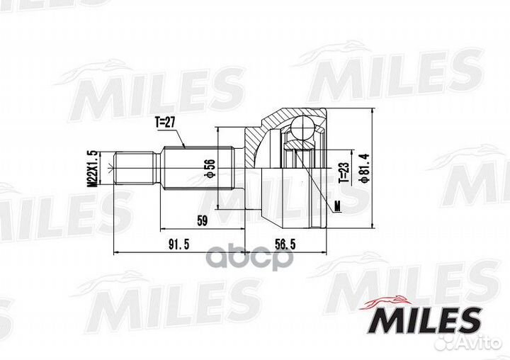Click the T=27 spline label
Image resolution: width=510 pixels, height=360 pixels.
point(164,122)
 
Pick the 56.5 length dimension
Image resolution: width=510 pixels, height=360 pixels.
point(285,244)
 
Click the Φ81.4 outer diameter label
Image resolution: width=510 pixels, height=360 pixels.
point(364,168)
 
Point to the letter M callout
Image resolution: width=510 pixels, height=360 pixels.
point(336,207)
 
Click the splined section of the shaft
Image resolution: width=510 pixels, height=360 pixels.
point(198,168)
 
